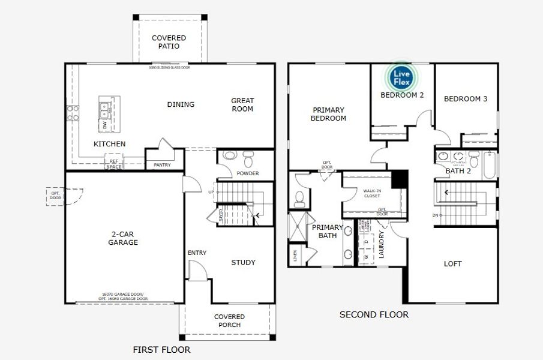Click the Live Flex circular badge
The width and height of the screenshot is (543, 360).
[401, 77]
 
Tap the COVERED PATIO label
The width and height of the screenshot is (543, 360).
[169, 42]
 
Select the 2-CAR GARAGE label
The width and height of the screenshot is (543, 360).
[123, 238]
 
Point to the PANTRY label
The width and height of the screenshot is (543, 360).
[162, 165]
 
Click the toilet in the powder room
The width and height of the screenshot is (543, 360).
[248, 159]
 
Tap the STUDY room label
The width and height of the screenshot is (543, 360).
[243, 262]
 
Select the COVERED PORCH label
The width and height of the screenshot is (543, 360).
[229, 320]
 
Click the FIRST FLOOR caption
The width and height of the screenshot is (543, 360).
[161, 349]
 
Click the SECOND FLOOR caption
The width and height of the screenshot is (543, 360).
[374, 314]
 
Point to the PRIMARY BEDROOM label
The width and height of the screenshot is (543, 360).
[328, 114]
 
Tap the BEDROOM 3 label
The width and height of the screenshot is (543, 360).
[465, 99]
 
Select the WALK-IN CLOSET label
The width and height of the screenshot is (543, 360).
[372, 193]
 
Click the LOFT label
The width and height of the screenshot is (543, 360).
[453, 263]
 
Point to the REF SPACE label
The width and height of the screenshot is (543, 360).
[113, 164]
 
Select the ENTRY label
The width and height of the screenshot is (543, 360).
[197, 253]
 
